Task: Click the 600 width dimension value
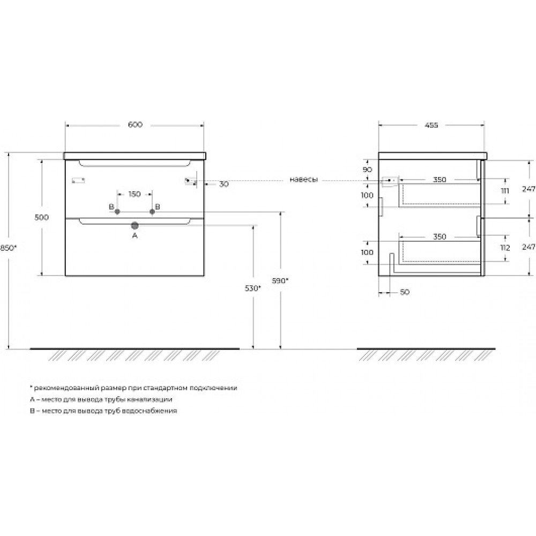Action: (135, 125)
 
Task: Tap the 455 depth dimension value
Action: (431, 125)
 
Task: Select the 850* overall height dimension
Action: (8, 248)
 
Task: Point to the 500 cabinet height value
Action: (42, 218)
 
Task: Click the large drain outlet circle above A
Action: (135, 225)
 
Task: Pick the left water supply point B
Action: (117, 212)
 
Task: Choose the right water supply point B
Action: (152, 212)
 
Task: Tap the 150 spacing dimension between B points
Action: (135, 194)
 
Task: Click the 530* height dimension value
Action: (252, 288)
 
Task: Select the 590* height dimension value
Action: (280, 281)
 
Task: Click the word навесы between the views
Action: (304, 180)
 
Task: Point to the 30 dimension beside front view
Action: (224, 184)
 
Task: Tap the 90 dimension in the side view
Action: (368, 169)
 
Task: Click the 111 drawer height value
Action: (505, 191)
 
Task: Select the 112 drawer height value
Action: (505, 248)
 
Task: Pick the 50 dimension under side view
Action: (405, 292)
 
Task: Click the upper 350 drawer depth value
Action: (440, 180)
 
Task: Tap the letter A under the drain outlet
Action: (135, 235)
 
